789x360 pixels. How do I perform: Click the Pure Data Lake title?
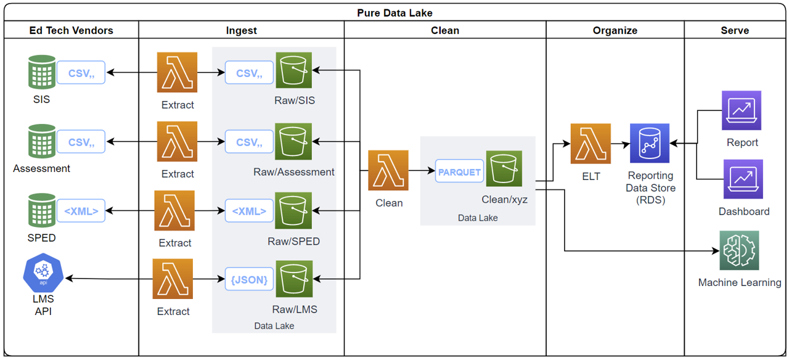click(394, 12)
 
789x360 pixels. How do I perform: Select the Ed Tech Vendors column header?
click(71, 30)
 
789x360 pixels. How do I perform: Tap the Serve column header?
click(735, 30)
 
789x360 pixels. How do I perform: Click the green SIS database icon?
click(42, 73)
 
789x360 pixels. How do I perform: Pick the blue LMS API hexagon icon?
click(43, 275)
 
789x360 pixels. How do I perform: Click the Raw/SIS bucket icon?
click(294, 72)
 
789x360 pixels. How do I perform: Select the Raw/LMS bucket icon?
click(294, 280)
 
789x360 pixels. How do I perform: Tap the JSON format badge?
click(249, 280)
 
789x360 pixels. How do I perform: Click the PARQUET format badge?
click(459, 171)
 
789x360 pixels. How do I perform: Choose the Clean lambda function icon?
click(388, 170)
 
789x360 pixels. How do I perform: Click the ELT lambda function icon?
click(591, 144)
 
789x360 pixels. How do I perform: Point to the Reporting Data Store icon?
click(650, 144)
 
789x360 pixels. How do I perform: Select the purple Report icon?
click(742, 110)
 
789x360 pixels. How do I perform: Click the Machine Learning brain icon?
click(739, 250)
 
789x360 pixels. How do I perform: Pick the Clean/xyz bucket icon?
click(504, 168)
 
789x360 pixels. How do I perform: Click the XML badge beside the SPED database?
click(81, 211)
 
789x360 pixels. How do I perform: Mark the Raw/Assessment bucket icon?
click(294, 142)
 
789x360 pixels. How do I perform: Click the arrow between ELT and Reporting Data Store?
click(620, 144)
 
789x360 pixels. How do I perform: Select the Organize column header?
click(615, 30)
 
